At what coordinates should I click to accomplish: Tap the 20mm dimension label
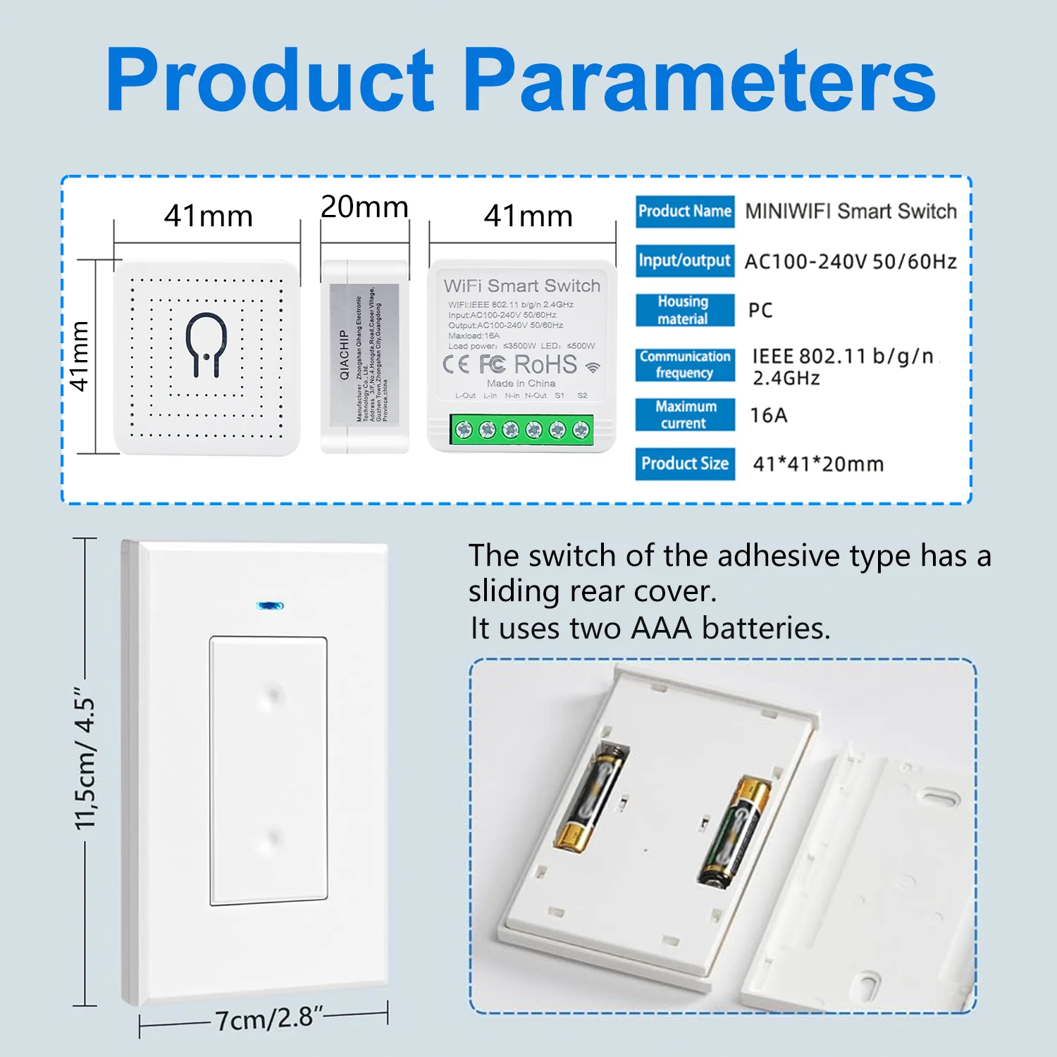(x=364, y=206)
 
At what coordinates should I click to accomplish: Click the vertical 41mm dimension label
(x=80, y=356)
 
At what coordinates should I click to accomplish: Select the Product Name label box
(x=684, y=211)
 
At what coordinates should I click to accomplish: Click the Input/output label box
(x=684, y=261)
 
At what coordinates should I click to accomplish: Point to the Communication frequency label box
(x=684, y=364)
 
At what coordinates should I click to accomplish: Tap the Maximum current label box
(x=684, y=414)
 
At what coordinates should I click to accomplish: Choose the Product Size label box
(x=684, y=464)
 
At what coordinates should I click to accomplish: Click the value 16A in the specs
(x=768, y=415)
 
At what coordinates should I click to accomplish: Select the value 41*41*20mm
(x=818, y=464)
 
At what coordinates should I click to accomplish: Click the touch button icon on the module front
(x=206, y=344)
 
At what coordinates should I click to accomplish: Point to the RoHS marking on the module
(x=545, y=364)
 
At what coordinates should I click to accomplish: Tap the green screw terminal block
(x=521, y=428)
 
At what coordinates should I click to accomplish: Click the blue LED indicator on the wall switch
(x=270, y=605)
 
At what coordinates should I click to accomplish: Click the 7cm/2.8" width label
(x=268, y=1018)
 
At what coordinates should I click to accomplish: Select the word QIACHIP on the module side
(x=345, y=354)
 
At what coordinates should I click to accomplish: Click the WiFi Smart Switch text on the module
(x=521, y=285)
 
